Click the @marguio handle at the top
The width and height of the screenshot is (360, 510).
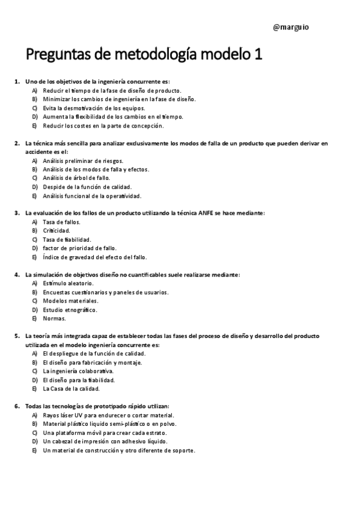[x=291, y=27]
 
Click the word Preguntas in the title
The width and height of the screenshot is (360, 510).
[x=55, y=55]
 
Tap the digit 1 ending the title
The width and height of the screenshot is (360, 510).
[x=258, y=55]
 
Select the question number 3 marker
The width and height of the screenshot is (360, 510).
[x=17, y=213]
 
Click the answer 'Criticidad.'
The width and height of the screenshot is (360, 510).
[x=56, y=230]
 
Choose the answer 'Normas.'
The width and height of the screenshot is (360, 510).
[x=55, y=318]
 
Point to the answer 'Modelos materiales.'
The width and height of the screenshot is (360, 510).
[x=70, y=301]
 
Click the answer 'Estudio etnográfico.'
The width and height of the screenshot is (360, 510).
[x=70, y=310]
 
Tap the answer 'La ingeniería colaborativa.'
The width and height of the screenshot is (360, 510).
[x=78, y=371]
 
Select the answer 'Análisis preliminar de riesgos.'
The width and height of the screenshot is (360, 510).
[x=83, y=161]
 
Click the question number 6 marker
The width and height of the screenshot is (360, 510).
[x=17, y=407]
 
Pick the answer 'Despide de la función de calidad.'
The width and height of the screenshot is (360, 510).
[x=87, y=187]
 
